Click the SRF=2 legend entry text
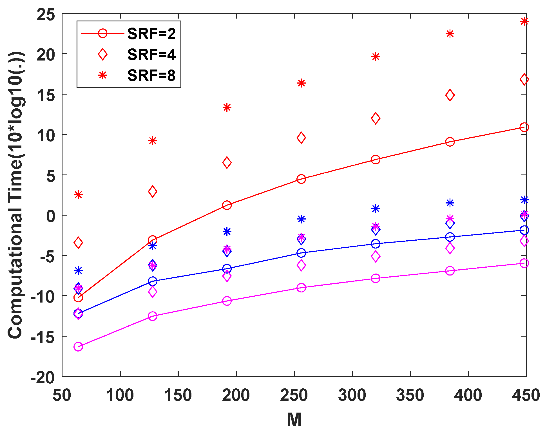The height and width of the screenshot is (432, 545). pyautogui.click(x=151, y=34)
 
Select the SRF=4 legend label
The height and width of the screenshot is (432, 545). pyautogui.click(x=151, y=54)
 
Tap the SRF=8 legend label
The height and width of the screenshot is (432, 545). pyautogui.click(x=151, y=75)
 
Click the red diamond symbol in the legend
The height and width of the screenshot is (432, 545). pyautogui.click(x=102, y=54)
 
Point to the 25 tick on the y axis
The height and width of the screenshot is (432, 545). pyautogui.click(x=46, y=14)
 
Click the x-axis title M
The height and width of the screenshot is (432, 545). pyautogui.click(x=294, y=420)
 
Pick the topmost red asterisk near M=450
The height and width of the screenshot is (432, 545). pyautogui.click(x=524, y=21)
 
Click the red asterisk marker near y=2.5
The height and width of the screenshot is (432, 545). pyautogui.click(x=78, y=195)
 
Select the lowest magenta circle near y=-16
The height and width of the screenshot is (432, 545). pyautogui.click(x=78, y=346)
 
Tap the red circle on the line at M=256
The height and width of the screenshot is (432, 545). pyautogui.click(x=301, y=179)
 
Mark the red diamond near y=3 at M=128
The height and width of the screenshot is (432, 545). pyautogui.click(x=153, y=192)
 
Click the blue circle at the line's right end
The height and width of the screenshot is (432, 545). pyautogui.click(x=524, y=230)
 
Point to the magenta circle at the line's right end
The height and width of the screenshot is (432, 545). pyautogui.click(x=524, y=263)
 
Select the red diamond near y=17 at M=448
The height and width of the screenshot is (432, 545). pyautogui.click(x=524, y=79)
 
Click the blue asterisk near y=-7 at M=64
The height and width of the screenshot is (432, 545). pyautogui.click(x=78, y=271)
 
